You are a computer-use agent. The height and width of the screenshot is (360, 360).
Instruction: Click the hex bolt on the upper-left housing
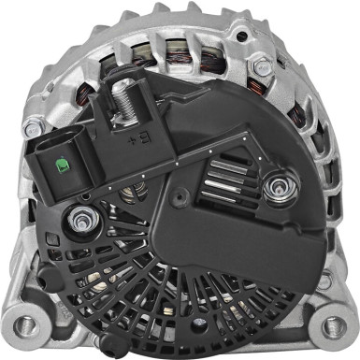(34, 127)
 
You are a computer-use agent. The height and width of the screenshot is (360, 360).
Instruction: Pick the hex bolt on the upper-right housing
(263, 67)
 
